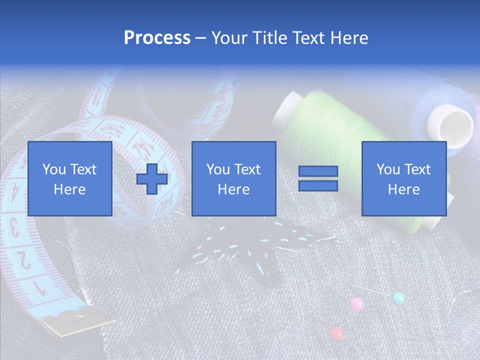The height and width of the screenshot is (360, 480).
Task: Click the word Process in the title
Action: click(x=157, y=38)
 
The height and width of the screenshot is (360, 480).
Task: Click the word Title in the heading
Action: click(x=268, y=38)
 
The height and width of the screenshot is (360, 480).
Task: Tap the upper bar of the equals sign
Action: click(x=318, y=171)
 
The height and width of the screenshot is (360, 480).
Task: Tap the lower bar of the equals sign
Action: click(x=318, y=186)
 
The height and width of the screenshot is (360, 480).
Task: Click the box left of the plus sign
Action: click(x=70, y=178)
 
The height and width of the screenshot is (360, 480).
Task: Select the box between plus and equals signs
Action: click(x=234, y=178)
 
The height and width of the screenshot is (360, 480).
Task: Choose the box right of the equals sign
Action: click(x=404, y=178)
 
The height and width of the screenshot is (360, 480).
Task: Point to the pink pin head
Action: click(x=357, y=303)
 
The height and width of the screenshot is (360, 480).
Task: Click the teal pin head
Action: click(x=398, y=298)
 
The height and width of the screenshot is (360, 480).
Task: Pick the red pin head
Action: click(x=337, y=333)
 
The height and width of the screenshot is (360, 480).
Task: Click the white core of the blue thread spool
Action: click(x=455, y=125)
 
